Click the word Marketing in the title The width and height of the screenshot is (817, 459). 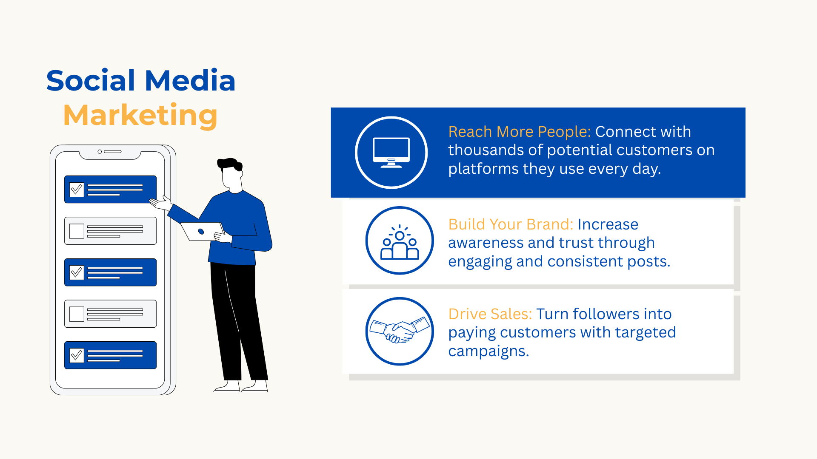coord(140,116)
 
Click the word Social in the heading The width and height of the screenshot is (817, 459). coord(91,80)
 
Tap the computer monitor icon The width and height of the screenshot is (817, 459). coord(391,152)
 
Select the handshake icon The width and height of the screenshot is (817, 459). coord(400,331)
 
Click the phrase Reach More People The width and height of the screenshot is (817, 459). coord(520,132)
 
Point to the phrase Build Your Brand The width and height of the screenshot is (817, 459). coord(511,224)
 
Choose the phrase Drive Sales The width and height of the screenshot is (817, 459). coord(490,314)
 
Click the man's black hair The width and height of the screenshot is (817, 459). coord(230,164)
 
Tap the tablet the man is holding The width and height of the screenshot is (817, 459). coord(203,231)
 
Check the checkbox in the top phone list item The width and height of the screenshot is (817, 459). coord(77,189)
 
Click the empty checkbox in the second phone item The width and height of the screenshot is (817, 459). coord(77,231)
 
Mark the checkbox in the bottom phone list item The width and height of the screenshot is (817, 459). coord(77,355)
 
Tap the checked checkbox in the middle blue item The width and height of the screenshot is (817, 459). coord(77,272)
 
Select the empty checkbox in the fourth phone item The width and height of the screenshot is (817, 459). coord(77,314)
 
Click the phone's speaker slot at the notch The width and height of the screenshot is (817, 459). coord(113,151)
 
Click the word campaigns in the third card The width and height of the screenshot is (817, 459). coord(488,351)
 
